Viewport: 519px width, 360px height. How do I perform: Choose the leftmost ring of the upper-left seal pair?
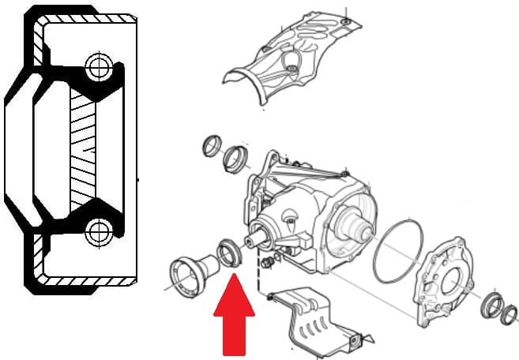[212, 147]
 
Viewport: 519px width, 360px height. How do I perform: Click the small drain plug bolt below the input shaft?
[270, 261]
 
